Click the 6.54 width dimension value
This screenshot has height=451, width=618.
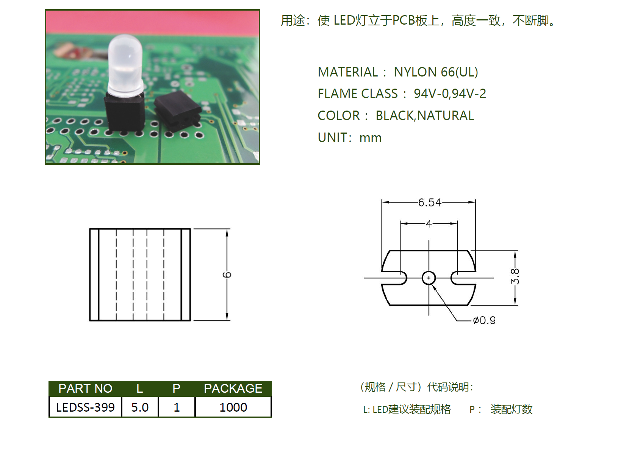(x=429, y=203)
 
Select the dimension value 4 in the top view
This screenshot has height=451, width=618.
(x=429, y=223)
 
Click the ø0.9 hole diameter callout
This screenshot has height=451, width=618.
(x=484, y=320)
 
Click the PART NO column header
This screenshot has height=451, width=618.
(x=85, y=389)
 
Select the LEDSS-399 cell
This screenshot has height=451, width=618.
(x=85, y=407)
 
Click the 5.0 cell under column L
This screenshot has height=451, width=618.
(x=140, y=407)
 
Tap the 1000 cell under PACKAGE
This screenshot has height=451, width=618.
(x=233, y=407)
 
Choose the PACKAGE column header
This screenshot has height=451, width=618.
(x=233, y=389)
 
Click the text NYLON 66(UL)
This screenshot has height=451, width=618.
(x=436, y=72)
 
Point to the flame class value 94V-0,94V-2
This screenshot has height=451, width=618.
(x=450, y=94)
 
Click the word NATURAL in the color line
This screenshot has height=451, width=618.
(x=446, y=115)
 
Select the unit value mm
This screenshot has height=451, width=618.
(x=370, y=138)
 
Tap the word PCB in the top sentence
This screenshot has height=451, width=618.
(x=404, y=20)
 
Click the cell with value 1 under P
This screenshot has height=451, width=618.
(x=177, y=407)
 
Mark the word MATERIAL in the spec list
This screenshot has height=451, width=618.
(x=347, y=72)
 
